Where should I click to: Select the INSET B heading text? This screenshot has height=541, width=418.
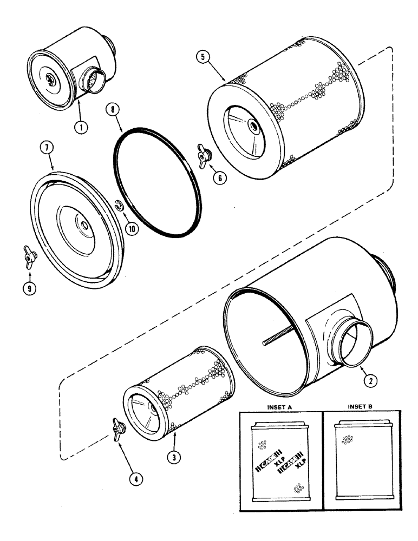[363, 406]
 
